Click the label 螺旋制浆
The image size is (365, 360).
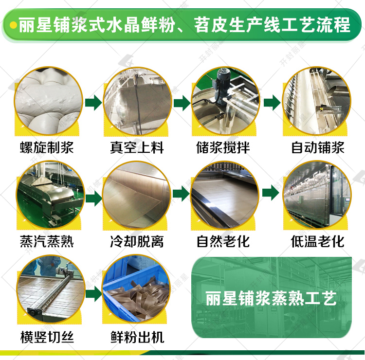(47, 147)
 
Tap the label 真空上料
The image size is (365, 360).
(137, 147)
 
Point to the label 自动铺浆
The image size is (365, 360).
(317, 147)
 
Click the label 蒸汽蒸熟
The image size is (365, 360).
(47, 241)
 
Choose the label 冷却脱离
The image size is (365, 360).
(137, 241)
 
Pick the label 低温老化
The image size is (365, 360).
(317, 241)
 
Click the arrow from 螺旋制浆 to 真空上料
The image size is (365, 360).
(93, 103)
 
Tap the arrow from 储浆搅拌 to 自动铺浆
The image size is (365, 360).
(272, 103)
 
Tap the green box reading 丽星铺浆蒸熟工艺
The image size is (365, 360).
(271, 298)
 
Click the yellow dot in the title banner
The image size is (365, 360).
(14, 25)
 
